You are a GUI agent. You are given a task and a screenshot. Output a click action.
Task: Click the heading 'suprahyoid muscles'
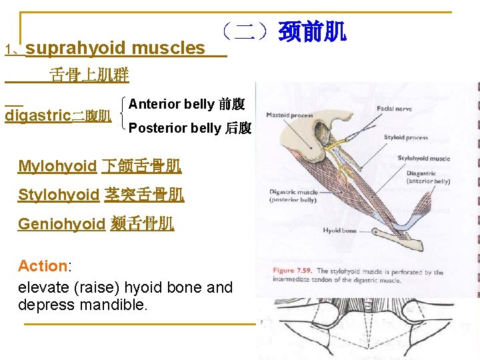(115, 48)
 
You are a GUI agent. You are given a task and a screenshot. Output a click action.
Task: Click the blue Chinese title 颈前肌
(312, 31)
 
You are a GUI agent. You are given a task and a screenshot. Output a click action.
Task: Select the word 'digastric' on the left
(37, 115)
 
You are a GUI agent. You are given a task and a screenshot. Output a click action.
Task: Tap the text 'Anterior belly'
(171, 104)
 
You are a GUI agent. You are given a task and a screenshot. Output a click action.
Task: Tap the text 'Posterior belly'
(175, 128)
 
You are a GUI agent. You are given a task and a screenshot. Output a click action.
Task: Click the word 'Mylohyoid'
(57, 167)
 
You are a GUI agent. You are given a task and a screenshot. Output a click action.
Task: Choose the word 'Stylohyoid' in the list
(59, 195)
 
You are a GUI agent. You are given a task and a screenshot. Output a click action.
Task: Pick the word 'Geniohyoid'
(61, 224)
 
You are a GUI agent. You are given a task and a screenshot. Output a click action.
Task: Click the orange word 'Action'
(43, 266)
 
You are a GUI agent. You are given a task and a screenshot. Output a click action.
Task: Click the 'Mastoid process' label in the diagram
(289, 115)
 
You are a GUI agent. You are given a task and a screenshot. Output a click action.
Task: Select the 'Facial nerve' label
(394, 109)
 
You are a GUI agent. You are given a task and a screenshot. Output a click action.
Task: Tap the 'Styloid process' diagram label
(405, 137)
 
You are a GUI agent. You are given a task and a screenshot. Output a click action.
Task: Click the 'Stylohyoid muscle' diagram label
(423, 159)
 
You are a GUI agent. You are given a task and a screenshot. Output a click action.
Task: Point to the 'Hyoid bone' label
(339, 231)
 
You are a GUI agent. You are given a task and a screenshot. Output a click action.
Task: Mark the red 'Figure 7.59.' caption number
(293, 271)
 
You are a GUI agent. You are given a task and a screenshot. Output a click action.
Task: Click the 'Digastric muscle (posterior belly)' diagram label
(293, 196)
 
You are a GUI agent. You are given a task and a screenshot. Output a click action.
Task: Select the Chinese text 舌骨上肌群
(89, 75)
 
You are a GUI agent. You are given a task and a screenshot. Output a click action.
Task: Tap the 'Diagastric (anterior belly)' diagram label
(427, 177)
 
